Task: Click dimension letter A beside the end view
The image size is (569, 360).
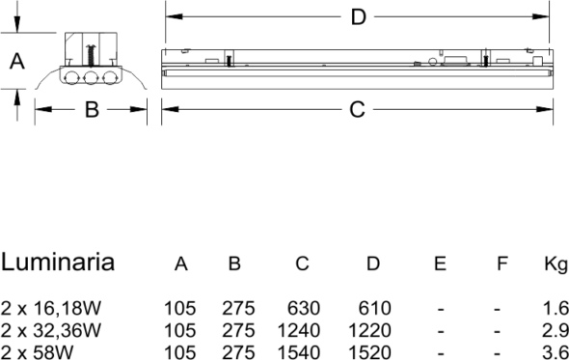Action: coord(17,61)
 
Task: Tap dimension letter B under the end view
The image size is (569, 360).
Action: coord(92,109)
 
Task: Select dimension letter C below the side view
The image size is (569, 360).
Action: coord(357,109)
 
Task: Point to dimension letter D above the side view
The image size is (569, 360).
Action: coord(358,17)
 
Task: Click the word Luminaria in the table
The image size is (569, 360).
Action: coord(58,262)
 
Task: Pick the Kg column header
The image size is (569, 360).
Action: coord(555,264)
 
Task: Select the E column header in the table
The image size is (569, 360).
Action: coord(440,263)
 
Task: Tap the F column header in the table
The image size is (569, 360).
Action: coord(501,263)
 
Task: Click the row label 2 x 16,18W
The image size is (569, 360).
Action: coord(51,309)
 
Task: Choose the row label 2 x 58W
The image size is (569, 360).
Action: coord(37,352)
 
